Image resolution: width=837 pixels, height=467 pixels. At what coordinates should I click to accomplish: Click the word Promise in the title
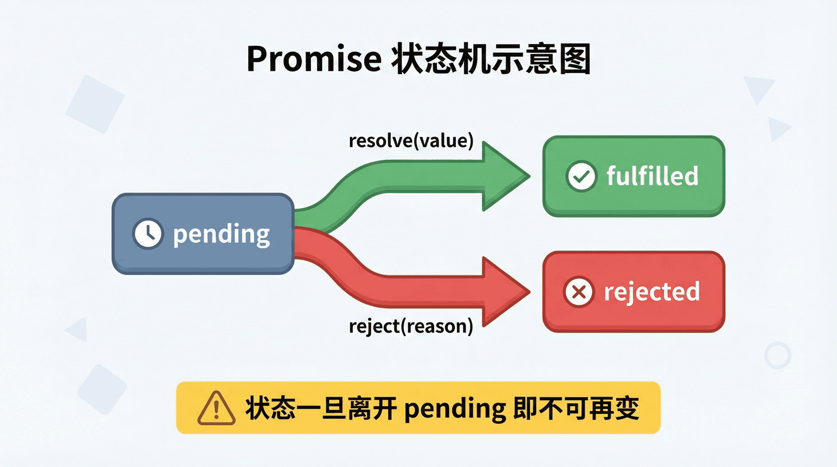(x=314, y=59)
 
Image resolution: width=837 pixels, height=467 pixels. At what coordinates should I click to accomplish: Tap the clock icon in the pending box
(x=148, y=233)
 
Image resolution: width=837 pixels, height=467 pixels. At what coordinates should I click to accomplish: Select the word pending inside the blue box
(x=221, y=234)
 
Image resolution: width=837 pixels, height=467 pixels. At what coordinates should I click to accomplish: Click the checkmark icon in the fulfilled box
(x=581, y=176)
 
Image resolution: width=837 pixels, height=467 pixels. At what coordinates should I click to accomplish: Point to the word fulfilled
(x=652, y=176)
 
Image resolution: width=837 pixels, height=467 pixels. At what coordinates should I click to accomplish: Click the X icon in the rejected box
(x=578, y=291)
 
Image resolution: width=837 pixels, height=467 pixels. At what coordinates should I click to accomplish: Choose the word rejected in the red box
(x=652, y=291)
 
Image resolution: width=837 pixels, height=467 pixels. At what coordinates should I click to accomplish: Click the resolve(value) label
(x=411, y=141)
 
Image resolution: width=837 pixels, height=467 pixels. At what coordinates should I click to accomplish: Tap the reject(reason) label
(x=411, y=326)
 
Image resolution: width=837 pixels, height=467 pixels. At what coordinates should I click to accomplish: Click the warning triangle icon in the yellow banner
(x=216, y=409)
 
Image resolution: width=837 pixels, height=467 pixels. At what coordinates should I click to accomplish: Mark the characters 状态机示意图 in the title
(x=491, y=59)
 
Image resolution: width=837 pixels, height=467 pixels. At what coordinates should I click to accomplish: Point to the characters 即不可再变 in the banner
(x=576, y=409)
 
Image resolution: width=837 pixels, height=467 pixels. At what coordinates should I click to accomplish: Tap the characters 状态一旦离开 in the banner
(x=321, y=409)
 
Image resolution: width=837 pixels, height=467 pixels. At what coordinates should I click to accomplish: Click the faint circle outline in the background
(x=777, y=355)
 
